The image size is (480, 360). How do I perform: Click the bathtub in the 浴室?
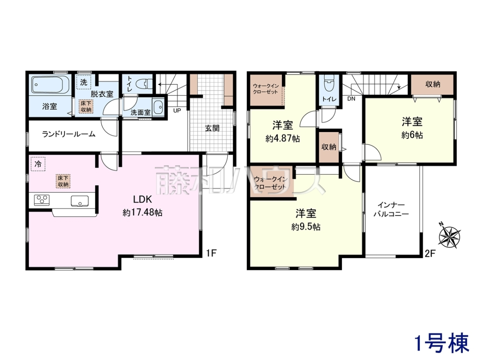[50, 84]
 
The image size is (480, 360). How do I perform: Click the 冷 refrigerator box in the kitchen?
[38, 164]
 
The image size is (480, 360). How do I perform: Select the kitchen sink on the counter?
[80, 201]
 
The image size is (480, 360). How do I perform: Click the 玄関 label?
[212, 128]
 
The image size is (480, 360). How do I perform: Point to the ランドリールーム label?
[69, 134]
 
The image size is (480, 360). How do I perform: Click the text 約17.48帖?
[142, 212]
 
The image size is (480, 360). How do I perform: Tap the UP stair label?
[177, 111]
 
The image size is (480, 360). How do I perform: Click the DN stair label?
[351, 99]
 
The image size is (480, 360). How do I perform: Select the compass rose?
[449, 236]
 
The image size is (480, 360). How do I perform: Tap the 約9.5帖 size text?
[306, 227]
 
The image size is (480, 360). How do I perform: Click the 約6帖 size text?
[412, 135]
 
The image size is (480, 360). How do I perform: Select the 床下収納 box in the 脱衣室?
[86, 106]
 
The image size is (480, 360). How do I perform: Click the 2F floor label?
[430, 254]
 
